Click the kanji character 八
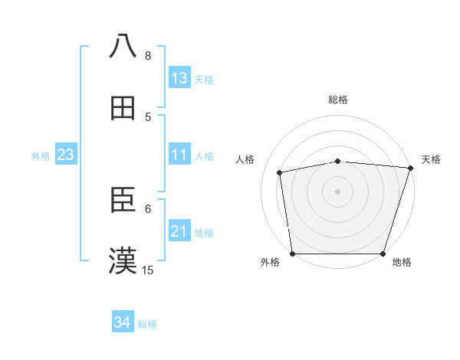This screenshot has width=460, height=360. tap(123, 46)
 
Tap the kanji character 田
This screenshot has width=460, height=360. tap(123, 108)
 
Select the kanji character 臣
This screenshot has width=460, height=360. tap(123, 200)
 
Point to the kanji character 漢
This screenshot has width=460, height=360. tap(123, 261)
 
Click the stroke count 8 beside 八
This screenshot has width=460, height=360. tap(148, 55)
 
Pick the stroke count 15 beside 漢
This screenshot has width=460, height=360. tap(148, 270)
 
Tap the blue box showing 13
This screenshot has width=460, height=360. tap(179, 78)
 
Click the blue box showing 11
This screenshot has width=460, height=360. tap(179, 155)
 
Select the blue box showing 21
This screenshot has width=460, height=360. tap(179, 231)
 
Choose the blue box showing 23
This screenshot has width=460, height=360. tap(66, 155)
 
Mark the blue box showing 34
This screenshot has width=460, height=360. tap(123, 323)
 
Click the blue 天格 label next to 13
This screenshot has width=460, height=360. tap(204, 79)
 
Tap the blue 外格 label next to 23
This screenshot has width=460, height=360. tap(41, 155)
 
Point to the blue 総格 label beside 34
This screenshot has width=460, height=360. tap(147, 324)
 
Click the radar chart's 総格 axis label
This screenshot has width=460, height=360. tap(338, 100)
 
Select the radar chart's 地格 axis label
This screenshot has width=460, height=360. tap(402, 263)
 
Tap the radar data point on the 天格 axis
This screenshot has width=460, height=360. tap(409, 169)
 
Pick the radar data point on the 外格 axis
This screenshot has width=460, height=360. tap(293, 253)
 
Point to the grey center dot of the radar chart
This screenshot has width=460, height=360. tap(338, 191)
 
